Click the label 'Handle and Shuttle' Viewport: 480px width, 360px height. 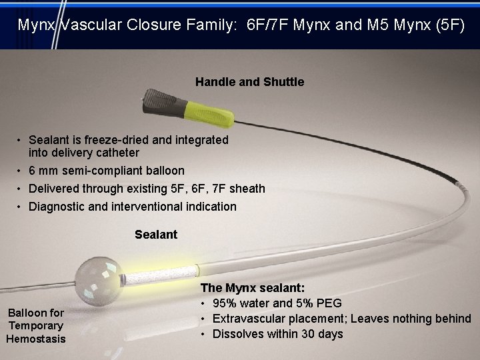point(249,82)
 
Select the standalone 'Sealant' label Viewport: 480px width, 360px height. point(156,235)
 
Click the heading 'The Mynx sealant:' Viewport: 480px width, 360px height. point(253,288)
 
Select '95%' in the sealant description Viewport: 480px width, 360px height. point(225,303)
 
